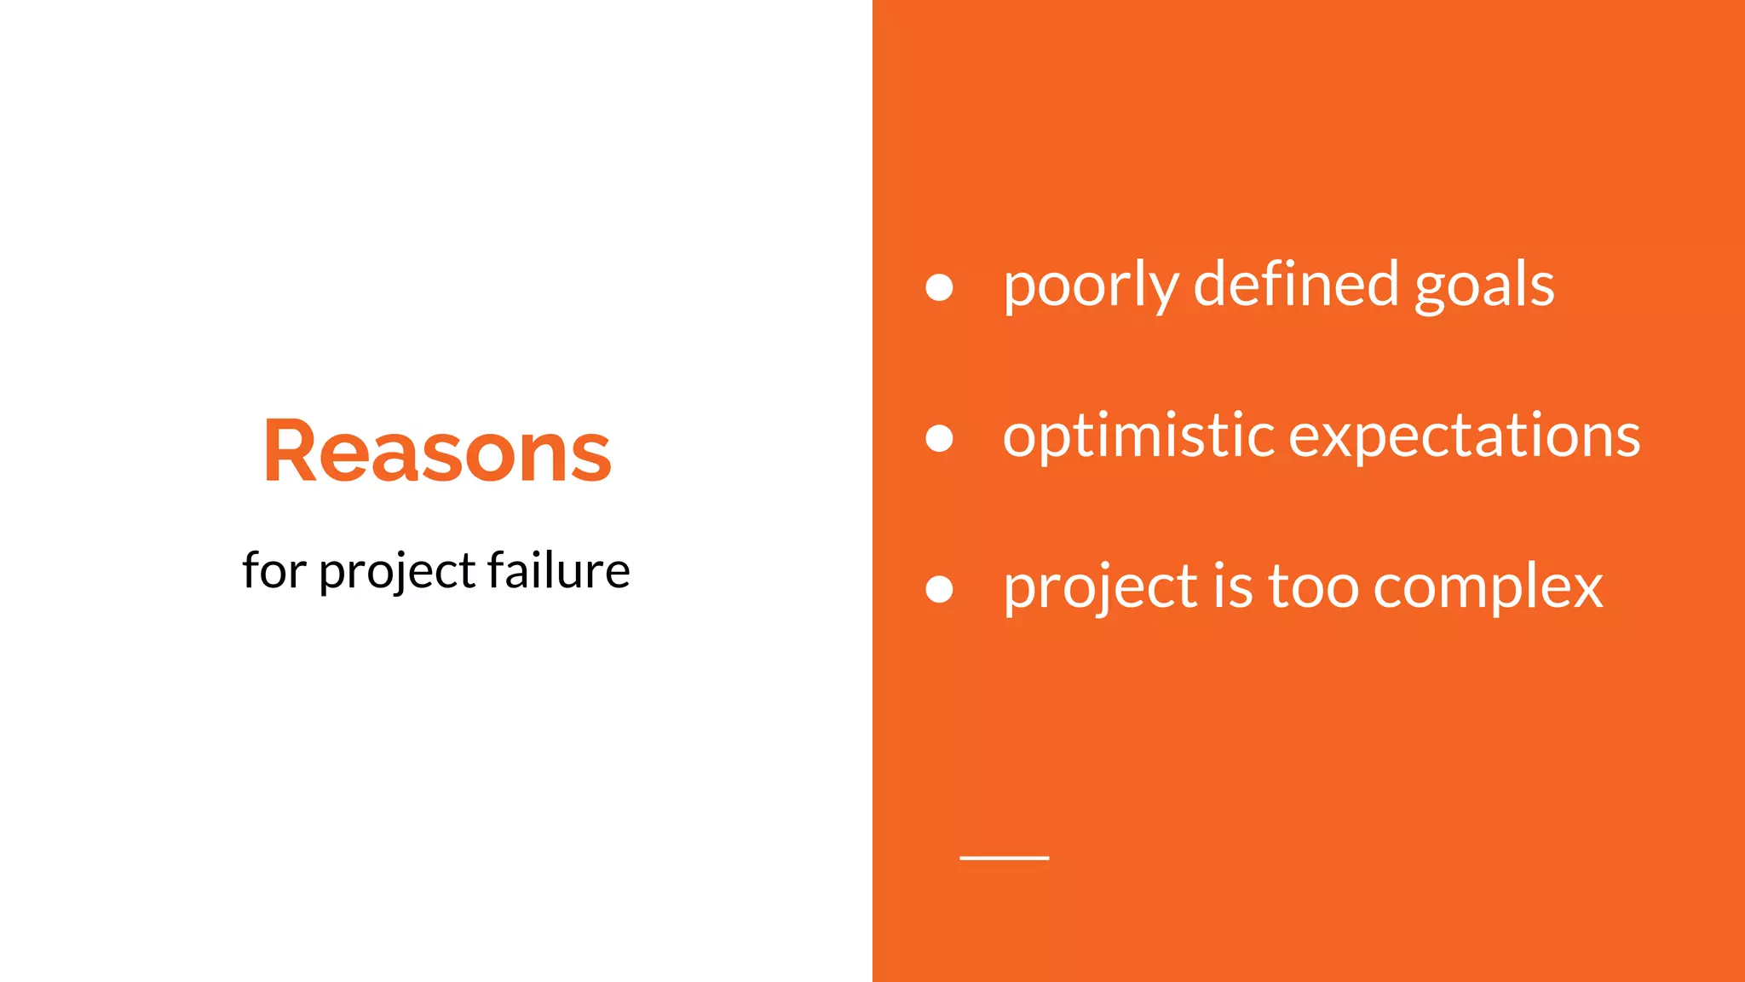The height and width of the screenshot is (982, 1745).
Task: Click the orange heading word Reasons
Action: point(437,451)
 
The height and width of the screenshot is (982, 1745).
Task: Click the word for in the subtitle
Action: point(274,570)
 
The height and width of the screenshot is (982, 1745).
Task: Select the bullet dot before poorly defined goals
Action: point(939,287)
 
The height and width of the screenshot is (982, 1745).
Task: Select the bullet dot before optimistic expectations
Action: point(939,438)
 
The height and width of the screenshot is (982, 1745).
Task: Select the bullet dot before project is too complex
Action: point(939,589)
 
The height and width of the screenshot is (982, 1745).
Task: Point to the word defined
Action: point(1295,284)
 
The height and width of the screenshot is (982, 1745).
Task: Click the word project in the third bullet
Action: point(1100,589)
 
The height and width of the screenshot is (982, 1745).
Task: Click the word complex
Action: point(1487,589)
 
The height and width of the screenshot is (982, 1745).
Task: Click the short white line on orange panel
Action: point(1004,858)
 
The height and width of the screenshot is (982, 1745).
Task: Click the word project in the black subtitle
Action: point(397,572)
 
